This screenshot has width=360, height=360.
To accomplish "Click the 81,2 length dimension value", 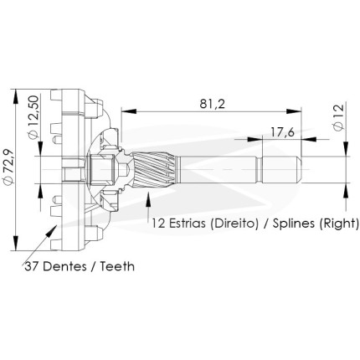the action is click(212, 104).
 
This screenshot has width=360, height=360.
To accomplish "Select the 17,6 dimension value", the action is click(282, 132).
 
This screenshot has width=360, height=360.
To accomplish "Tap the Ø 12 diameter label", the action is click(338, 117).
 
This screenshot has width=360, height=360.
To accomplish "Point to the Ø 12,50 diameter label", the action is click(33, 117).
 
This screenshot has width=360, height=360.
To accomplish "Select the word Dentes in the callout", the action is click(64, 266).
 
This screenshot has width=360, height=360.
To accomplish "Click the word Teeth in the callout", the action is click(117, 266).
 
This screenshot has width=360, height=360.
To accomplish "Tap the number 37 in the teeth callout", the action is click(32, 266).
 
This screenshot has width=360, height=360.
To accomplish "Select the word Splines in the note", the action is click(294, 224).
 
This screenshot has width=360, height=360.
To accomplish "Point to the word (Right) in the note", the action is click(339, 224).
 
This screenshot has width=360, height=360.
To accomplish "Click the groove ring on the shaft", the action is click(260, 169).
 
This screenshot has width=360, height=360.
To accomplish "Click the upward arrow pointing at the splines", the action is click(148, 207).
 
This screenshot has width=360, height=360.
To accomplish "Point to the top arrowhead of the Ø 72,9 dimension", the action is click(16, 97).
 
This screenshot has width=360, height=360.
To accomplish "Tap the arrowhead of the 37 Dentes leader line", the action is click(52, 230).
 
